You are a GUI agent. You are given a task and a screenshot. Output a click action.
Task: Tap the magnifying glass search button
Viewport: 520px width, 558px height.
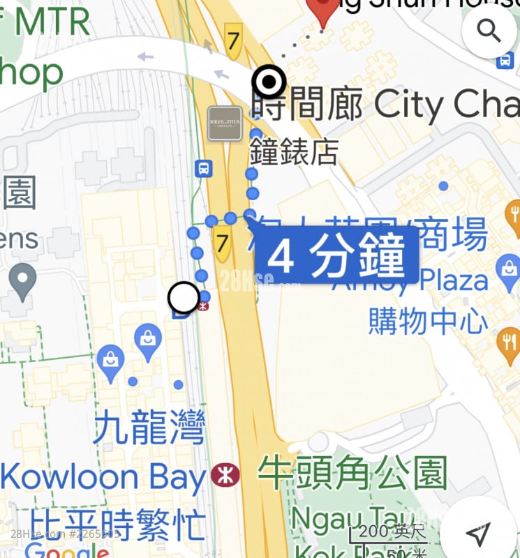coord(489,31)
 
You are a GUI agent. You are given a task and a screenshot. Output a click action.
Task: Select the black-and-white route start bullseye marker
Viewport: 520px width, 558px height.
coord(269,83)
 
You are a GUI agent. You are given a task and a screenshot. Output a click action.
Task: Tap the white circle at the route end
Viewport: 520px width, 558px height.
coord(184,299)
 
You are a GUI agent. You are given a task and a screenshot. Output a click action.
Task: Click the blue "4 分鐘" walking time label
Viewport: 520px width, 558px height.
coord(336,257)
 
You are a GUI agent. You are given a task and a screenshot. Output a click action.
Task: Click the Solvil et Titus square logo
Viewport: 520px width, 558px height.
coord(225,123)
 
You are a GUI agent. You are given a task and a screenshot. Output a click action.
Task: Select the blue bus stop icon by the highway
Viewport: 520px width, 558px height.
coord(203,168)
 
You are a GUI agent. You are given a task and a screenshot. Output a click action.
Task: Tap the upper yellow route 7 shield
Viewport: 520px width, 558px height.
coord(233,40)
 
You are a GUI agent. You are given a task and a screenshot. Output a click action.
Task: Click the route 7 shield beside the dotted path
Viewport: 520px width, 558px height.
coord(223,244)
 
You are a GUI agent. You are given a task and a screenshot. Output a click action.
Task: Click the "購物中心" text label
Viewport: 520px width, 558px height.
coord(428,321)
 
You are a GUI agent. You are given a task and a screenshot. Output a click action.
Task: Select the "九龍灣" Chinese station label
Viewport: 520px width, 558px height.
coord(149,427)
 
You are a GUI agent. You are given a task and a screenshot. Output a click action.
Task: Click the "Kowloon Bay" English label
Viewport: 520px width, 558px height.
coord(103,478)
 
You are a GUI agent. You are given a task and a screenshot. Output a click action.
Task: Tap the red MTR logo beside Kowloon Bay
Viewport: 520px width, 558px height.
coord(225,476)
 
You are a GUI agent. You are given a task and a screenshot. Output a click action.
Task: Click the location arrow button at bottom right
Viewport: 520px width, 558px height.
coord(478,534)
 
